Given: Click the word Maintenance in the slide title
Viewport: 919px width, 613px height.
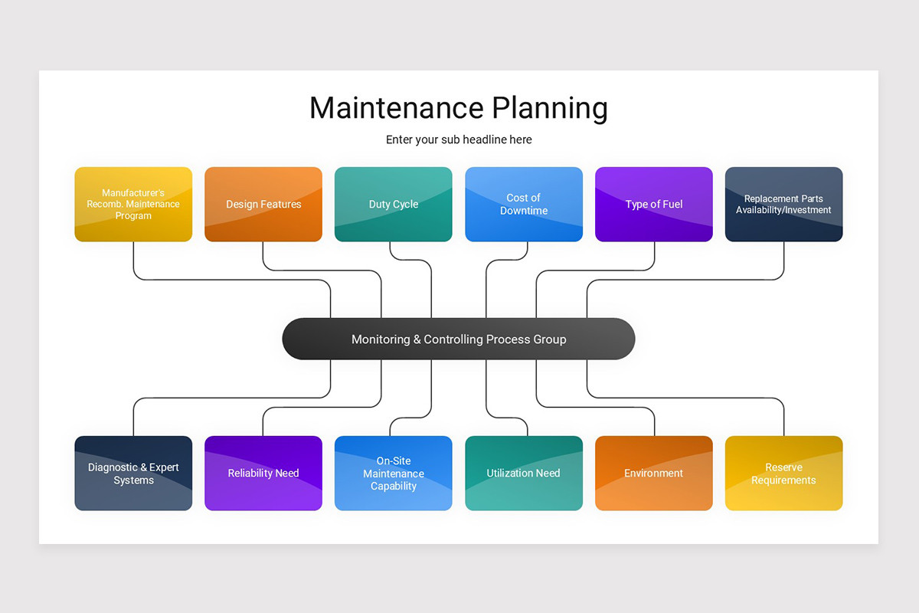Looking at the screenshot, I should click(396, 108).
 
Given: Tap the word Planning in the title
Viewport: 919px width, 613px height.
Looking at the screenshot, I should click(550, 108).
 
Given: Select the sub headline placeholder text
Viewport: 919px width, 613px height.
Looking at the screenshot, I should click(459, 139).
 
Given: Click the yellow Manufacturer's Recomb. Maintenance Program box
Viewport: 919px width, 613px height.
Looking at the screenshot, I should click(133, 204).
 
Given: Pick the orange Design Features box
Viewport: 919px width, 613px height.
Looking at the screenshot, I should click(263, 204).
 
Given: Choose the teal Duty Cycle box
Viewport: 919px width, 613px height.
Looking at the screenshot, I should click(394, 204).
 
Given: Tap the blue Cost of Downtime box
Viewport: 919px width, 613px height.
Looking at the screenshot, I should click(524, 204).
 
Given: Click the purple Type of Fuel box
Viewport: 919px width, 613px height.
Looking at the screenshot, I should click(654, 204).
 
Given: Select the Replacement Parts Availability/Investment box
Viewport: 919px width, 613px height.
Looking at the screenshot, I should click(783, 204).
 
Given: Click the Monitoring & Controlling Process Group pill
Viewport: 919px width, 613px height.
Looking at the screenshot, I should click(459, 339).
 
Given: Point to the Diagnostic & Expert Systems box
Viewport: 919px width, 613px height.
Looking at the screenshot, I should click(133, 473).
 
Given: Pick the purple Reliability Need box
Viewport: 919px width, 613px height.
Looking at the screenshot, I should click(263, 473).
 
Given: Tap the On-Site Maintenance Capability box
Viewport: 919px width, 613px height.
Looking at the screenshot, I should click(394, 473).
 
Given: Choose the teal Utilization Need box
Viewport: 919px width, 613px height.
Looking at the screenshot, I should click(524, 473).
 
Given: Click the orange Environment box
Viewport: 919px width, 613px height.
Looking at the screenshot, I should click(654, 473).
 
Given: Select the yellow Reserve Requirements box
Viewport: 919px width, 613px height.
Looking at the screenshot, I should click(783, 473).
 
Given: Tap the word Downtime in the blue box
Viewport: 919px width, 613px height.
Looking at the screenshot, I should click(524, 211).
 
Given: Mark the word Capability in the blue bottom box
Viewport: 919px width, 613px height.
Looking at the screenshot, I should click(394, 486).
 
